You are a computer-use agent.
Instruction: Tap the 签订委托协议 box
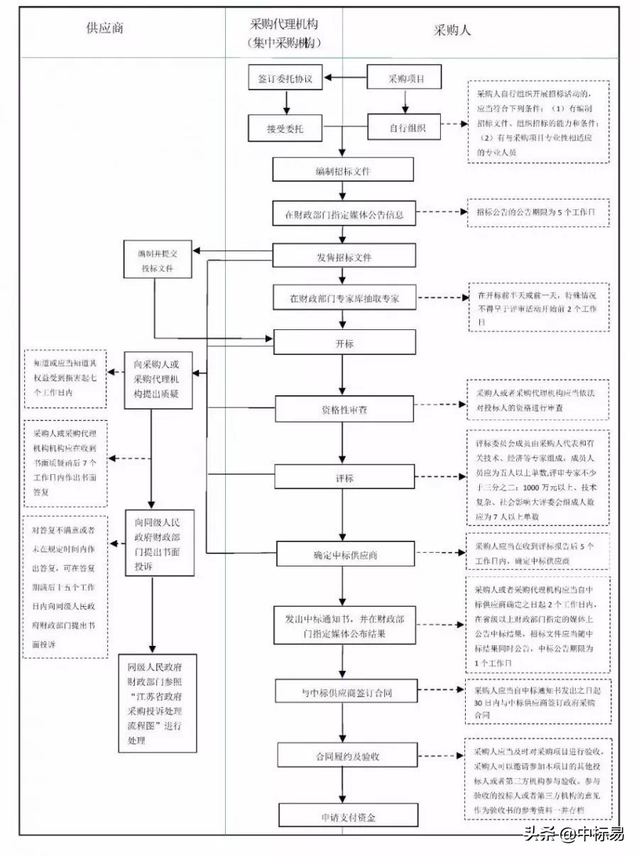pos(285,79)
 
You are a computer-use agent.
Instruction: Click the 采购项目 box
pos(405,79)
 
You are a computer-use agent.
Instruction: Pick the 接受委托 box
pos(285,128)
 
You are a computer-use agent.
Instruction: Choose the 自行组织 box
pos(405,128)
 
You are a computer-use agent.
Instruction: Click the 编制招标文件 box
pos(344,170)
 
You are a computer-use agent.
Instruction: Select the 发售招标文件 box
pos(344,256)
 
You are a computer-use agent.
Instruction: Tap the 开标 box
pos(344,343)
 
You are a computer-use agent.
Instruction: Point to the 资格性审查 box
pos(344,410)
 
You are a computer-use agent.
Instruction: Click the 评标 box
pos(344,478)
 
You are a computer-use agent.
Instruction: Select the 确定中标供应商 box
pos(344,554)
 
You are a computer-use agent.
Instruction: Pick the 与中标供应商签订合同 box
pos(344,692)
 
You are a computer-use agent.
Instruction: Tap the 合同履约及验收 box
pos(344,756)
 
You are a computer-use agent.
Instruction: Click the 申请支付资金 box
pos(344,817)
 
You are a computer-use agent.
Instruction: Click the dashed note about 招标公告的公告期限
pos(538,213)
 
